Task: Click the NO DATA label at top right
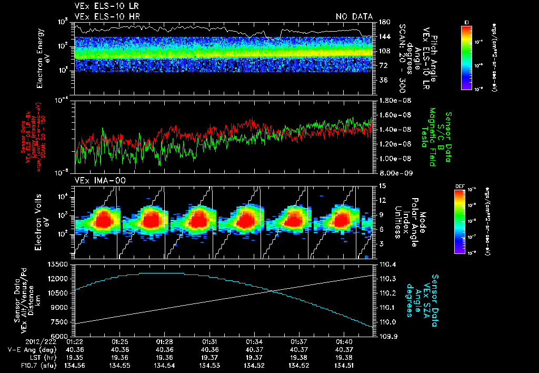tap(354, 16)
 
